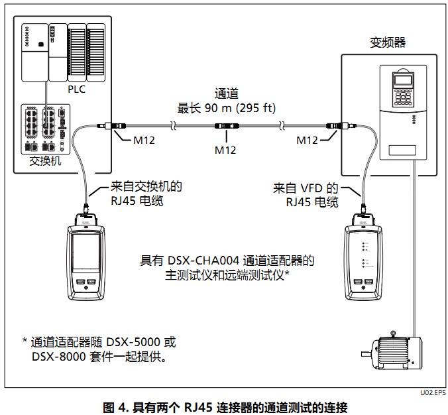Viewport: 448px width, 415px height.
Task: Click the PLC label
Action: pyautogui.click(x=77, y=89)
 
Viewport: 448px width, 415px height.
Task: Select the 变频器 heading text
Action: pyautogui.click(x=387, y=43)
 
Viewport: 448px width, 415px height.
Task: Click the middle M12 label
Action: pyautogui.click(x=225, y=150)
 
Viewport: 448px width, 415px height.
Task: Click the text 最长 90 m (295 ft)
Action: pyautogui.click(x=225, y=107)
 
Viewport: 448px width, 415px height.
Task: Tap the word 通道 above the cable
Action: pyautogui.click(x=226, y=93)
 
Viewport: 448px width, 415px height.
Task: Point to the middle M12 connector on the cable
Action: pyautogui.click(x=225, y=125)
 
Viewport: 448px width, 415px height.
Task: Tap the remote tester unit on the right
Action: pyautogui.click(x=361, y=261)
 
